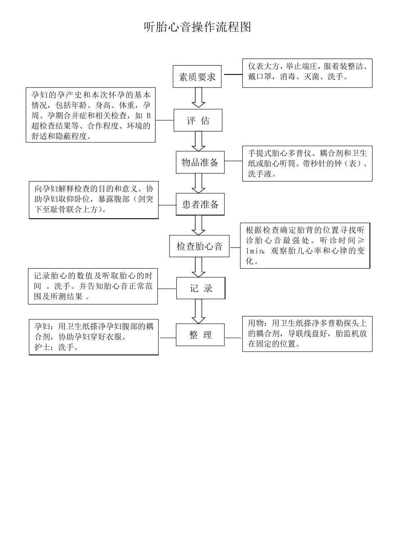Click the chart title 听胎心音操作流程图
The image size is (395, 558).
[x=197, y=27]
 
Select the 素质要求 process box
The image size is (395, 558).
[x=197, y=77]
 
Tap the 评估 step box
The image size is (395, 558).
[x=198, y=121]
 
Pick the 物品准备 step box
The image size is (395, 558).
[x=200, y=162]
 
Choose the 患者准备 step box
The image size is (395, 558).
[x=200, y=204]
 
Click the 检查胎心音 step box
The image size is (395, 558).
[x=200, y=247]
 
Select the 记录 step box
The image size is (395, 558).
[x=201, y=289]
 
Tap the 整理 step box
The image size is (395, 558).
[x=200, y=335]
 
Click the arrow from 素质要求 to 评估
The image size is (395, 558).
[x=198, y=98]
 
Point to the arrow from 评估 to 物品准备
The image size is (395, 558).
[x=198, y=141]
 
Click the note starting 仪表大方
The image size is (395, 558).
[x=307, y=73]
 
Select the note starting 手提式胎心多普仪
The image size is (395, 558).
[x=307, y=164]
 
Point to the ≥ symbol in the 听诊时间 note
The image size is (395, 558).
[x=361, y=240]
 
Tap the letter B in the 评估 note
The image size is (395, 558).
[x=149, y=115]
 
